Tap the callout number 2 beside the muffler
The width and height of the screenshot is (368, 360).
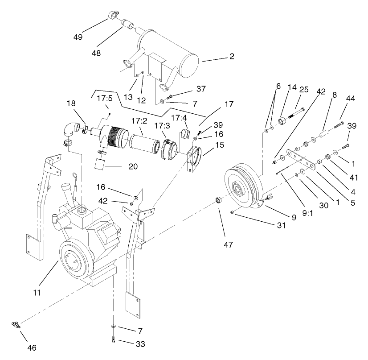[232, 57]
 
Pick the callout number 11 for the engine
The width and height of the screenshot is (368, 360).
[37, 293]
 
